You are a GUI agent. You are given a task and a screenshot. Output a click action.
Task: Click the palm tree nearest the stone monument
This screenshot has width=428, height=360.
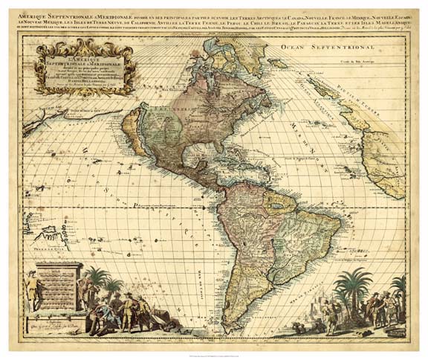97,283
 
